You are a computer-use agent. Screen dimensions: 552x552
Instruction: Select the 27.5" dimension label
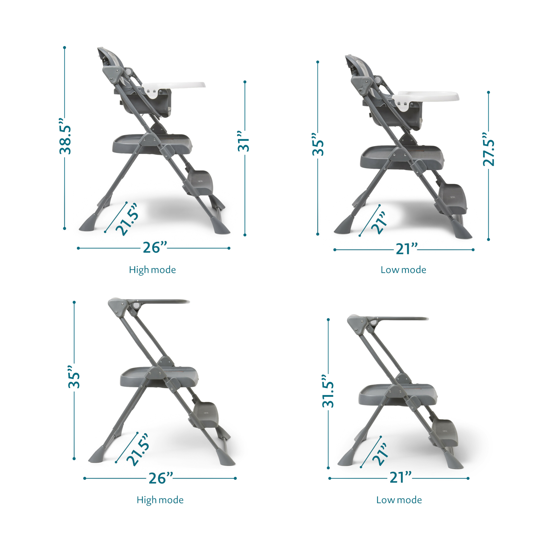(488, 153)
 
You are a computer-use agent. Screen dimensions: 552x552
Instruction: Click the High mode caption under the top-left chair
(152, 270)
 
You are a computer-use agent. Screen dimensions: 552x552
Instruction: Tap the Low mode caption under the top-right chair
(403, 270)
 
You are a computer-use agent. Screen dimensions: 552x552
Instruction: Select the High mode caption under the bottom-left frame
(160, 500)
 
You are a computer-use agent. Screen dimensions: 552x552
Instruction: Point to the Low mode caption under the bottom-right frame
(399, 500)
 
